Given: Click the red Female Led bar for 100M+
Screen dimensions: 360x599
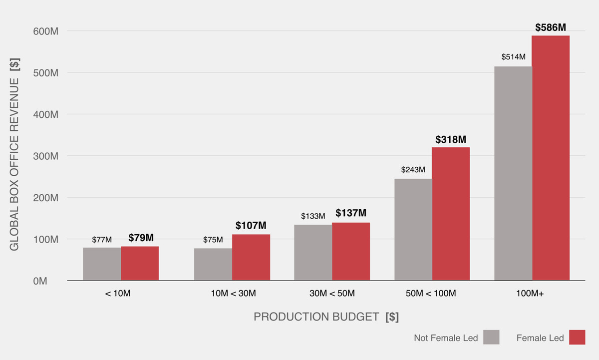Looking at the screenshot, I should (551, 158).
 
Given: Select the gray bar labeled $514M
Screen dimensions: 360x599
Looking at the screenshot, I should (513, 173).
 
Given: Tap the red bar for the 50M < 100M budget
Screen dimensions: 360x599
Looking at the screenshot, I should (451, 214).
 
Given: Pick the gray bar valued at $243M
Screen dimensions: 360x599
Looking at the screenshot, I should (413, 230).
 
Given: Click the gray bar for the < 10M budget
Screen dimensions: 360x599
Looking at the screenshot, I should (102, 264).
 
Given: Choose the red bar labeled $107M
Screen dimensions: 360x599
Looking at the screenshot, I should (251, 257).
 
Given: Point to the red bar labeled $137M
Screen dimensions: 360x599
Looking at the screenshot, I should (351, 251).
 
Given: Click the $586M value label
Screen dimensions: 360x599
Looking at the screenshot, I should (551, 27).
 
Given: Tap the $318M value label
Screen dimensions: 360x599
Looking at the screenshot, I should (451, 139).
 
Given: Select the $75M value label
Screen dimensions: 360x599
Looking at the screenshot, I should (213, 240).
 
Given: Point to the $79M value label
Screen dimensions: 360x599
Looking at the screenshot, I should (141, 238).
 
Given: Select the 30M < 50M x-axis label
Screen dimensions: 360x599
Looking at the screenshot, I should (332, 294).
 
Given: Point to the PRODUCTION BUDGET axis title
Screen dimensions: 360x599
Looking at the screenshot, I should (326, 317).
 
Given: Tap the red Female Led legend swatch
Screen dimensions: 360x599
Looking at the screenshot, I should (577, 337).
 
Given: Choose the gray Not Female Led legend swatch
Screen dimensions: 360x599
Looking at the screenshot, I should (492, 337).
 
